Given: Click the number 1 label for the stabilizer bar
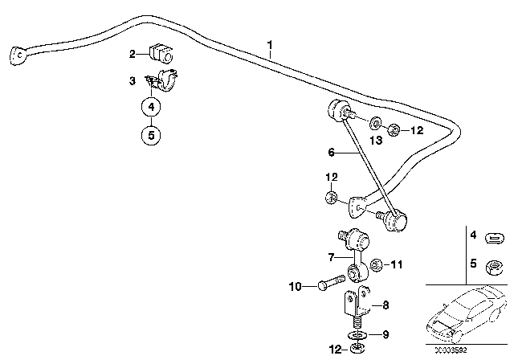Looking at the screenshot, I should pyautogui.click(x=271, y=45).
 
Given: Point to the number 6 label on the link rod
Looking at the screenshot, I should pyautogui.click(x=330, y=151).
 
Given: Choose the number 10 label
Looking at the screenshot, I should pyautogui.click(x=295, y=284).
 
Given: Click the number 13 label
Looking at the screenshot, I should pyautogui.click(x=375, y=141).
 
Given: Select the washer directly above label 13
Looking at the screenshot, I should pyautogui.click(x=376, y=125).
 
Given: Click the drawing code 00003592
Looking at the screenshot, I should pyautogui.click(x=469, y=350).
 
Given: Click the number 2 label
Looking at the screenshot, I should pyautogui.click(x=133, y=54).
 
